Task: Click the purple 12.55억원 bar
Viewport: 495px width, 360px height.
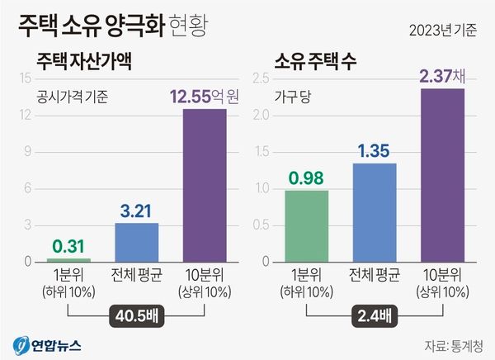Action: (204, 185)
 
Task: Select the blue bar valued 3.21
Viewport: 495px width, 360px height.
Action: (136, 242)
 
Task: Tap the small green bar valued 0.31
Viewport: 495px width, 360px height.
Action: (69, 260)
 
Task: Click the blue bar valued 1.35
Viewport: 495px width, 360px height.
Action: (375, 212)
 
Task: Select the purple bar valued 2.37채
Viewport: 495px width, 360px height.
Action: (442, 175)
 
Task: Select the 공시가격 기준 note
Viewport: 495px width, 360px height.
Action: (74, 96)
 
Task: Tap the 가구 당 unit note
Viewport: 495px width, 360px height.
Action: (295, 96)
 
